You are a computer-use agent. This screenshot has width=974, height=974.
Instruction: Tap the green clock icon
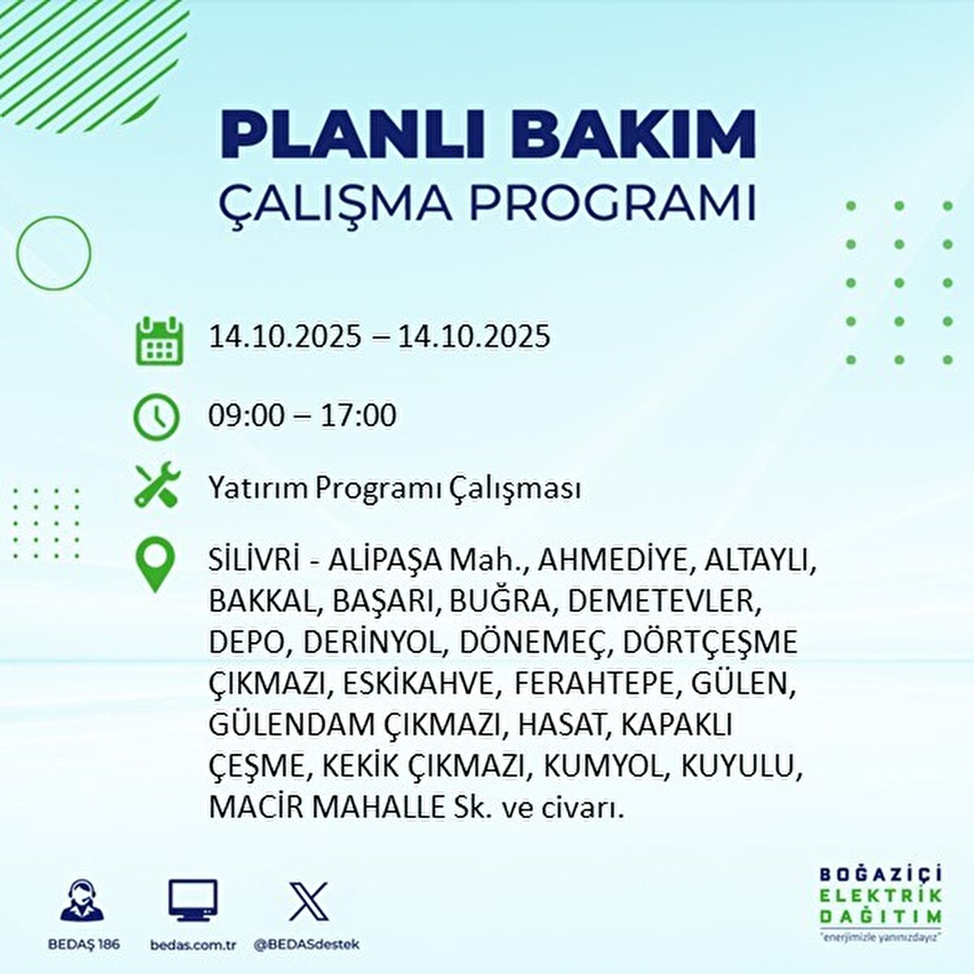click(156, 417)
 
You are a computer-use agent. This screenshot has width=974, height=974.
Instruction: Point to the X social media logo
click(308, 901)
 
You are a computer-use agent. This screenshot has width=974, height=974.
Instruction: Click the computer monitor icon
click(193, 901)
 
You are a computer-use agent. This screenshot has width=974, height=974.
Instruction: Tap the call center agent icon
click(83, 901)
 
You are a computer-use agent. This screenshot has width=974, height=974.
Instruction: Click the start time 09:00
click(247, 416)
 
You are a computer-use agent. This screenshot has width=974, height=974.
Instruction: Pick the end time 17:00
click(357, 416)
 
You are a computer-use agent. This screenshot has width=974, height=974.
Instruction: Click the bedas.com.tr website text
click(193, 945)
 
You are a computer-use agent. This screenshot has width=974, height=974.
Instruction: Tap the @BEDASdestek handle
click(307, 945)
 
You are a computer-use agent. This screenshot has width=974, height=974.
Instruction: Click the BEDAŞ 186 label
click(83, 945)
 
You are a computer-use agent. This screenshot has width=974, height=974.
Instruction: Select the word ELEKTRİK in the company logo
click(881, 896)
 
